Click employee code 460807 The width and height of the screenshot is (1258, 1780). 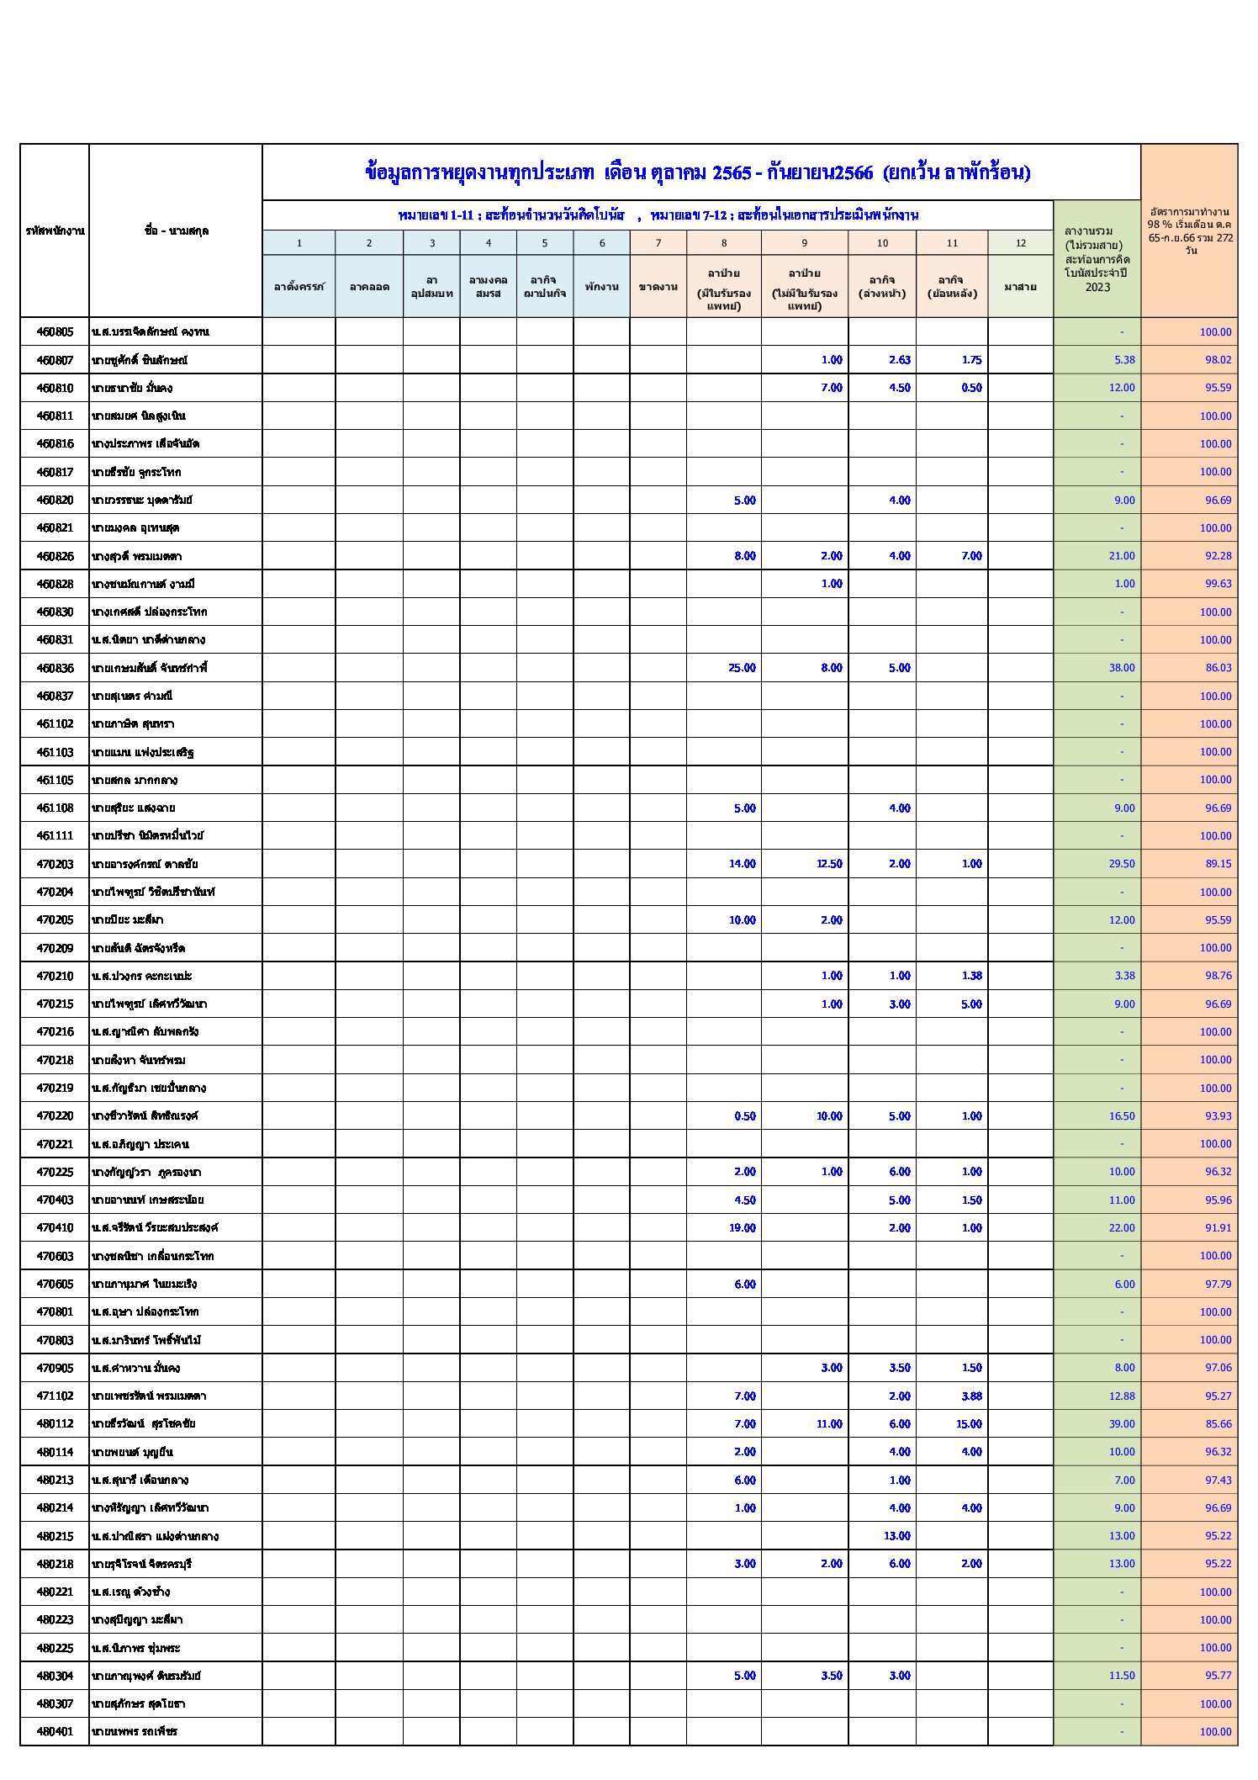55,360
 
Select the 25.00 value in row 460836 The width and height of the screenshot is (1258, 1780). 742,668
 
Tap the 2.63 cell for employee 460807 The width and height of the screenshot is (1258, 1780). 899,360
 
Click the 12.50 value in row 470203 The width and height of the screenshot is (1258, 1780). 828,864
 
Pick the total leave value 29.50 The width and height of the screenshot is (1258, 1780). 1122,864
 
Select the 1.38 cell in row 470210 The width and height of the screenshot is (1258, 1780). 971,976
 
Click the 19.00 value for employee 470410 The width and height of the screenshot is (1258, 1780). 742,1228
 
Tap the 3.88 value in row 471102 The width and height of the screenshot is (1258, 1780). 971,1396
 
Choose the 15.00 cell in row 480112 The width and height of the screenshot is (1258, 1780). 969,1424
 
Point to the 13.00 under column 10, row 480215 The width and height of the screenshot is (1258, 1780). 896,1536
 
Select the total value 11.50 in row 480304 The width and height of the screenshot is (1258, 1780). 1122,1676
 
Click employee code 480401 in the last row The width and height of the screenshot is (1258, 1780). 55,1731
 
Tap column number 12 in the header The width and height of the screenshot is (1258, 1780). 1020,243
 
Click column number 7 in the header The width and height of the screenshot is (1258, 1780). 658,243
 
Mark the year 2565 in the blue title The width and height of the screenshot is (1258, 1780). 731,173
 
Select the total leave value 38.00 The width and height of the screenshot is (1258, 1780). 1122,668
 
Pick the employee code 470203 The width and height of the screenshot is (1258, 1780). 55,864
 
